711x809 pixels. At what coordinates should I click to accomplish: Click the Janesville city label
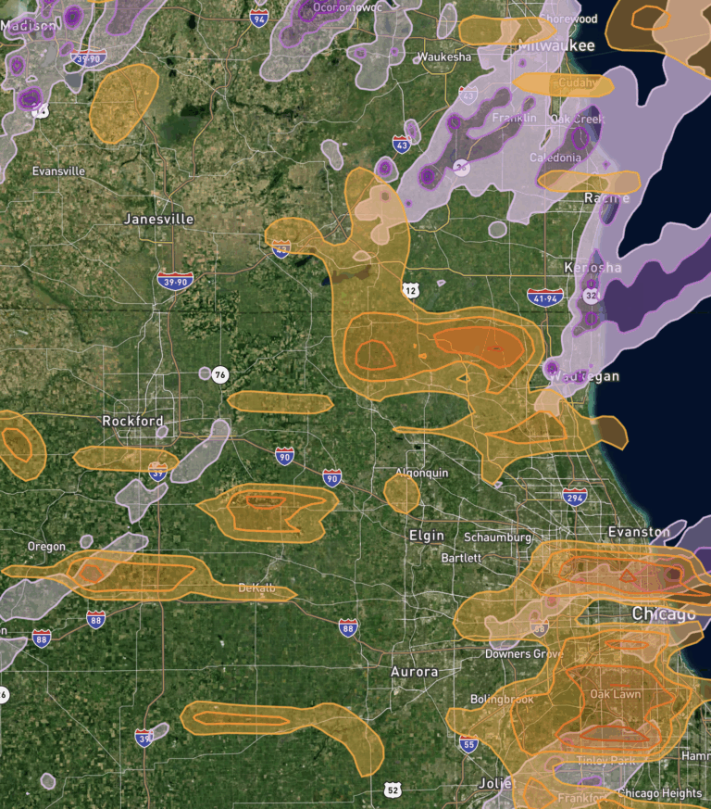pos(158,220)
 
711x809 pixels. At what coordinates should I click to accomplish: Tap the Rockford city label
pos(132,421)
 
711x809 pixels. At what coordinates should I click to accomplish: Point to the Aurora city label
pos(414,671)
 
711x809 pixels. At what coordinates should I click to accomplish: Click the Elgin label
pos(426,536)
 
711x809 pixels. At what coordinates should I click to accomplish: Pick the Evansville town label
pos(58,171)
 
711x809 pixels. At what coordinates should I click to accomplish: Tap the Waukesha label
pos(444,57)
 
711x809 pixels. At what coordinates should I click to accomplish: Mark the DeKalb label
pos(256,588)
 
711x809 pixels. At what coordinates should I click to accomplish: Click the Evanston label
pos(639,532)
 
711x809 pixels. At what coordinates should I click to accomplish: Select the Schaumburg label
pos(498,537)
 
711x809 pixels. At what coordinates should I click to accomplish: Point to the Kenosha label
pos(592,268)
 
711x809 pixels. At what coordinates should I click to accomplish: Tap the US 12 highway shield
pos(411,291)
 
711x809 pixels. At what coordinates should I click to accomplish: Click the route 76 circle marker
pos(219,374)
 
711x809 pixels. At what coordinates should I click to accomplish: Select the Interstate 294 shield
pos(575,497)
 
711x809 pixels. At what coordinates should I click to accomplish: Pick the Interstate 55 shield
pos(469,743)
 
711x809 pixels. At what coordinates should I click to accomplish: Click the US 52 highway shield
pos(393,790)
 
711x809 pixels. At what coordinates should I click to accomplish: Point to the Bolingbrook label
pos(502,700)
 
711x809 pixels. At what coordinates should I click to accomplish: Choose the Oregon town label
pos(46,546)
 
